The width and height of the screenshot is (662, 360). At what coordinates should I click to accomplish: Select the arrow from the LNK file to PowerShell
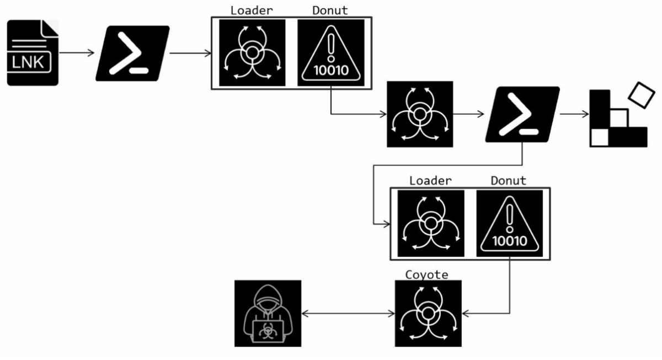[77, 53]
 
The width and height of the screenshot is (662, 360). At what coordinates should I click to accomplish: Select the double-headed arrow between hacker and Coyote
[349, 313]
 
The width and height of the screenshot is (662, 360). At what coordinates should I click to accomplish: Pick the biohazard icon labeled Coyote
[428, 313]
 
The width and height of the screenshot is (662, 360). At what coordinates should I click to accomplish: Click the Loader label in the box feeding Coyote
[430, 181]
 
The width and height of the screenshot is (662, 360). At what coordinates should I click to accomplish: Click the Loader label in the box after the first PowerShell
[252, 10]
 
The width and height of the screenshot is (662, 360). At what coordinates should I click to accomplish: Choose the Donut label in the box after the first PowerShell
[330, 10]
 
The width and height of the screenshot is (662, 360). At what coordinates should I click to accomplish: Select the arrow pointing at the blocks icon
[574, 115]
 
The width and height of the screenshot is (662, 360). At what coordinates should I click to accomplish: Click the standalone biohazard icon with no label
[420, 115]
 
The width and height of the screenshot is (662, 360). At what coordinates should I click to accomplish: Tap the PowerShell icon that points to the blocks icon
[522, 115]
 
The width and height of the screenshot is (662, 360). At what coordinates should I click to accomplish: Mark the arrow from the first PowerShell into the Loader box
[190, 53]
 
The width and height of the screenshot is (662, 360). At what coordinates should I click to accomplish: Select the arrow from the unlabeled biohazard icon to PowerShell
[469, 115]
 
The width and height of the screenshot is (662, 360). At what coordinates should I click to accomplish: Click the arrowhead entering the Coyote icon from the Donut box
[465, 313]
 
